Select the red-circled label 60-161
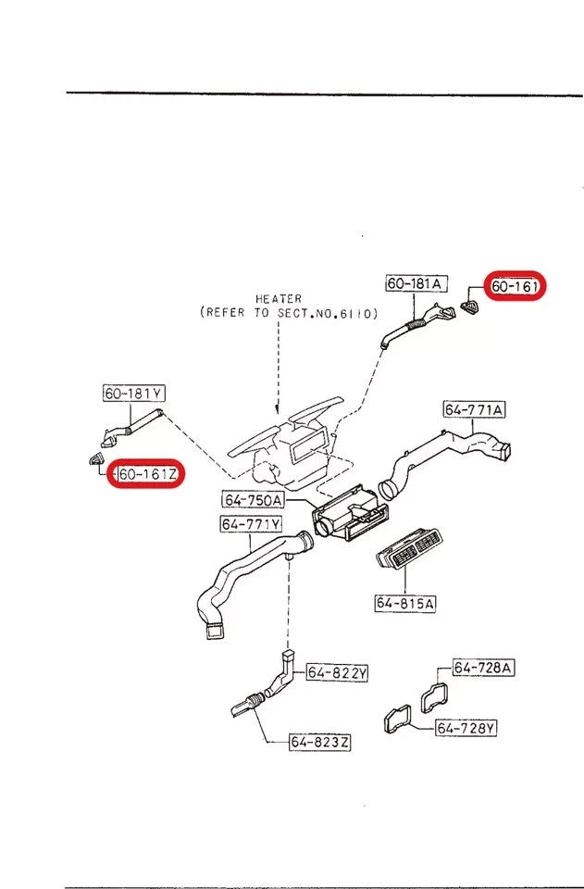[515, 287]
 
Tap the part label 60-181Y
[133, 394]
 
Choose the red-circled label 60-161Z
[148, 475]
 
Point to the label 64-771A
[474, 409]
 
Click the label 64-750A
[251, 501]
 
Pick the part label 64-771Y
[250, 525]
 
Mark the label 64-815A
[405, 604]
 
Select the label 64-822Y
[337, 673]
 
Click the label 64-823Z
[319, 742]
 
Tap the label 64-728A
[483, 668]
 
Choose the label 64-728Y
[466, 728]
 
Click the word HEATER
[279, 299]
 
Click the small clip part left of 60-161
[471, 304]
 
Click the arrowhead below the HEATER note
[278, 410]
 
